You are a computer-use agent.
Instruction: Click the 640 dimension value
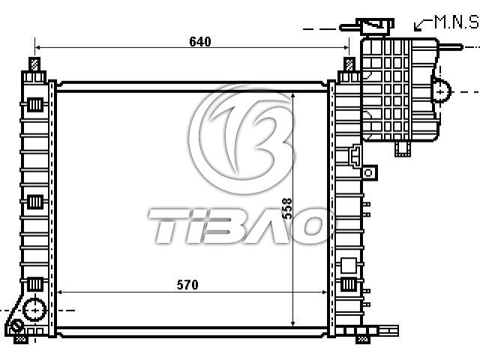[200, 42]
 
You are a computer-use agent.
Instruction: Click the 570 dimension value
[187, 285]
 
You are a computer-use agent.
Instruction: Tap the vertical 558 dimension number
[286, 208]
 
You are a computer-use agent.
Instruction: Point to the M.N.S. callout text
[457, 22]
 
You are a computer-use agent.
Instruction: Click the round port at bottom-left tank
[35, 310]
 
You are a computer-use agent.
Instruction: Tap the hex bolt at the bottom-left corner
[16, 325]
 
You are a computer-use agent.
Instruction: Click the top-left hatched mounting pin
[34, 64]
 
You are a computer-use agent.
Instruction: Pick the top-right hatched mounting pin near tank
[349, 64]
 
